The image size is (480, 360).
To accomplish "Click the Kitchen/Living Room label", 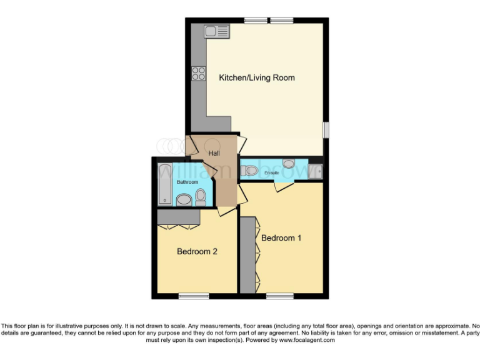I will coord(256,78).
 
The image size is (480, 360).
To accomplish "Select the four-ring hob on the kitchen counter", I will coord(199,73).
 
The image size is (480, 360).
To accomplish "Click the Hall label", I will coord(214,152).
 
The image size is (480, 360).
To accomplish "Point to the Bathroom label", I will coord(187,182).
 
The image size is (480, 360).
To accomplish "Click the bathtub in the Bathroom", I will coord(165,182).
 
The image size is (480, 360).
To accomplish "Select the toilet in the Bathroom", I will coord(201,197).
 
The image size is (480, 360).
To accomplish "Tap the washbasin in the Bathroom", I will coord(184,200).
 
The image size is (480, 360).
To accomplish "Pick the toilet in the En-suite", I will coord(251,170).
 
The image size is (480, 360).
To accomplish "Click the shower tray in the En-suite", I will coord(315,170).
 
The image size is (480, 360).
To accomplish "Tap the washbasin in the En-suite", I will coord(289,164).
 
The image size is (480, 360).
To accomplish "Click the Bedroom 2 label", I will coord(197,252).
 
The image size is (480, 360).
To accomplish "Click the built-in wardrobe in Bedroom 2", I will coord(178,217).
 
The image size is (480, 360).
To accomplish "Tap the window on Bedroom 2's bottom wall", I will coord(194,295).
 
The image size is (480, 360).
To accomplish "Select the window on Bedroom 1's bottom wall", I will coord(279,295).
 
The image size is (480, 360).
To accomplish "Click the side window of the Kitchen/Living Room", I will coord(326,129).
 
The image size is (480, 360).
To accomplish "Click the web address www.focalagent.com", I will coord(307,341).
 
